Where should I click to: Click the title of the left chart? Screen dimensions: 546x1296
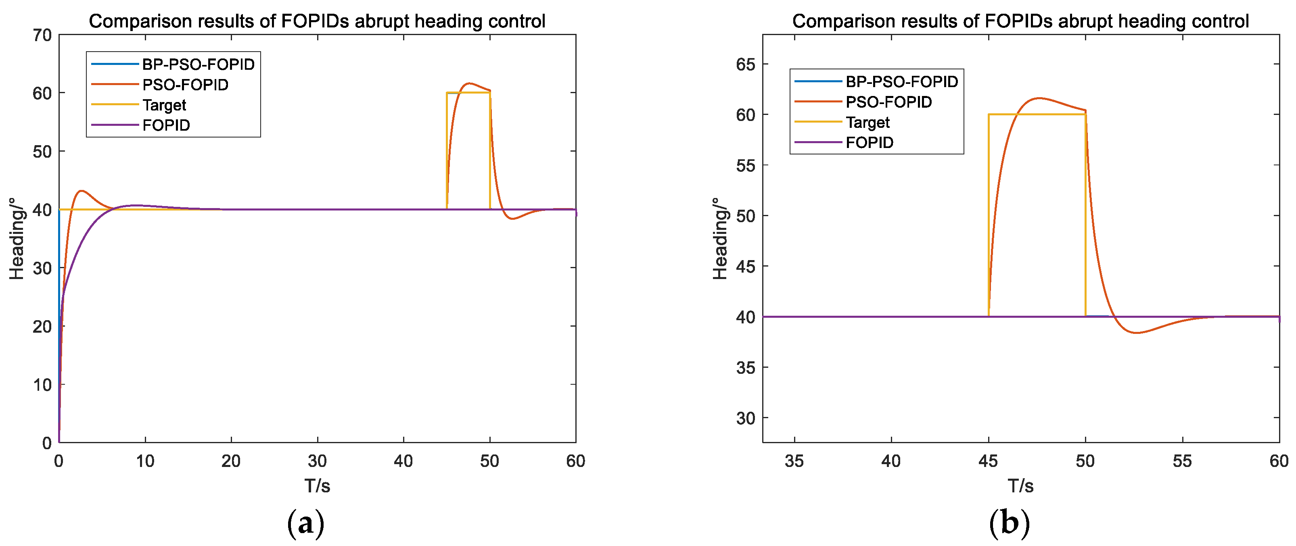click(x=317, y=21)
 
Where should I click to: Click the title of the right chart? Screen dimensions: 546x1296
click(x=1020, y=21)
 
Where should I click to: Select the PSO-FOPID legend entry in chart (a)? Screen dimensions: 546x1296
click(x=185, y=84)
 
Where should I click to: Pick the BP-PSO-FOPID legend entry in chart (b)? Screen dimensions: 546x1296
click(x=901, y=81)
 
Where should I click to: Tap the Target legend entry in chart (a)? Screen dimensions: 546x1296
click(x=164, y=105)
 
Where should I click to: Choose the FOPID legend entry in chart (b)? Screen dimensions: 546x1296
click(x=870, y=142)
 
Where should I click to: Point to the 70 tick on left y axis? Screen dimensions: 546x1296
click(x=42, y=35)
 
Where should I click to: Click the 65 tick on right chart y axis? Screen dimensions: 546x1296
click(x=746, y=65)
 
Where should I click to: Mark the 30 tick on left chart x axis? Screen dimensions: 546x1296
click(x=318, y=461)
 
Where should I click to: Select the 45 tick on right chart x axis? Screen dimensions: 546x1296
click(x=988, y=461)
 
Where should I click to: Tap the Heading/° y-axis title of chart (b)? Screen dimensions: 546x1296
click(x=721, y=238)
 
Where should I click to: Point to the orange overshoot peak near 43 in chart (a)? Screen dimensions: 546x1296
click(x=81, y=191)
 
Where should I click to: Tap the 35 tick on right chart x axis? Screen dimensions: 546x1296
click(x=794, y=461)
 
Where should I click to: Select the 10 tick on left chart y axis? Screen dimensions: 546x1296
click(x=42, y=385)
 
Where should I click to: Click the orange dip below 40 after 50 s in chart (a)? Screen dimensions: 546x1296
click(x=512, y=219)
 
